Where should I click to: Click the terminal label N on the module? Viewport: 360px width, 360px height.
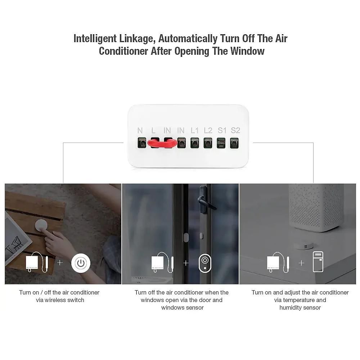(140, 130)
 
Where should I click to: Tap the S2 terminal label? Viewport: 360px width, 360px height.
(235, 130)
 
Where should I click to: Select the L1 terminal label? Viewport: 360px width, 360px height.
(194, 130)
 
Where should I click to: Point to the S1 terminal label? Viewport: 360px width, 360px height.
(222, 130)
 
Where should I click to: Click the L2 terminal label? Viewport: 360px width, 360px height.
(208, 130)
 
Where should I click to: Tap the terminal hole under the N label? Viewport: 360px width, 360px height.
(142, 143)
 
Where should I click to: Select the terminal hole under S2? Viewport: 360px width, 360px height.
(234, 143)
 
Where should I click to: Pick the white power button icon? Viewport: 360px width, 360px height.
(81, 263)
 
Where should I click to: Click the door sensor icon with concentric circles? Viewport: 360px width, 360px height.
(205, 263)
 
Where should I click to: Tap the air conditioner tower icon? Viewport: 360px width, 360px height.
(318, 262)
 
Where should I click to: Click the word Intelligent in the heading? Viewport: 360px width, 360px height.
(95, 39)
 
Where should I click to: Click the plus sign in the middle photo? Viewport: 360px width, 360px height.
(186, 263)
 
